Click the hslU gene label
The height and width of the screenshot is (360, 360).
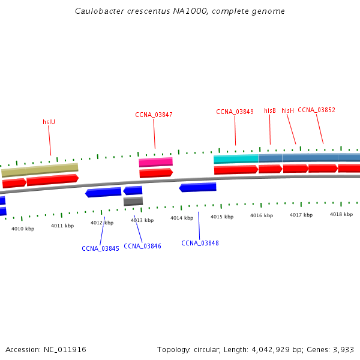(x=49, y=122)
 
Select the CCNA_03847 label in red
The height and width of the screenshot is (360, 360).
(x=154, y=115)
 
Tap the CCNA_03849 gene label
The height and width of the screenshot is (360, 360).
(x=235, y=112)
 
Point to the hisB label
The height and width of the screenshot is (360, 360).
(x=270, y=110)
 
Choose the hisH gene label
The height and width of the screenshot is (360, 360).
(x=288, y=110)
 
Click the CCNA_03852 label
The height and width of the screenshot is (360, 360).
(x=316, y=110)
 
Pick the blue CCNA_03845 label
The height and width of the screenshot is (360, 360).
(x=100, y=248)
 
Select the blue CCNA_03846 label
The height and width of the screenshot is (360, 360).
(x=142, y=246)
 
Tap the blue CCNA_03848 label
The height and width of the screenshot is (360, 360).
(x=200, y=243)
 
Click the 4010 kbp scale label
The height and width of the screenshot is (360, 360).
(x=23, y=229)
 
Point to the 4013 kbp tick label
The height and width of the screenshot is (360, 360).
(x=142, y=220)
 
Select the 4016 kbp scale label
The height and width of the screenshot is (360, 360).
(x=262, y=215)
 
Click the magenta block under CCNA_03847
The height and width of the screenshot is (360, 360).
(x=155, y=162)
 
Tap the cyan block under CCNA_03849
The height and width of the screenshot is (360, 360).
(x=236, y=159)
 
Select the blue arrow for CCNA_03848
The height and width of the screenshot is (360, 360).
(x=197, y=188)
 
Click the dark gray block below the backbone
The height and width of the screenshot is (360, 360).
(x=133, y=202)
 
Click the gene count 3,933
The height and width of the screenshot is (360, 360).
(x=343, y=349)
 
